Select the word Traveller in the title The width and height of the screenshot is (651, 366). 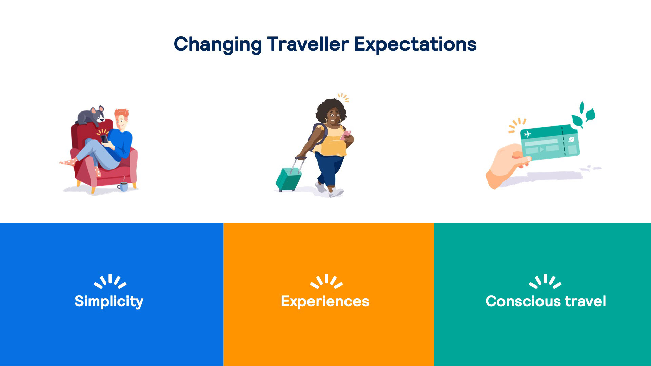(308, 44)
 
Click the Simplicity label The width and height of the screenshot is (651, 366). (109, 301)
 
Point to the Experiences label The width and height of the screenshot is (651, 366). (325, 301)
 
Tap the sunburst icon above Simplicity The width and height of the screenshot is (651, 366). (110, 281)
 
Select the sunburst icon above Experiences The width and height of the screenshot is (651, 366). (326, 281)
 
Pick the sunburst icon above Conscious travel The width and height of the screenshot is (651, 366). (545, 281)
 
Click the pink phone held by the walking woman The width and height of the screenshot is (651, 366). (346, 135)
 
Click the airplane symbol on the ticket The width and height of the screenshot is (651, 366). (527, 134)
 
